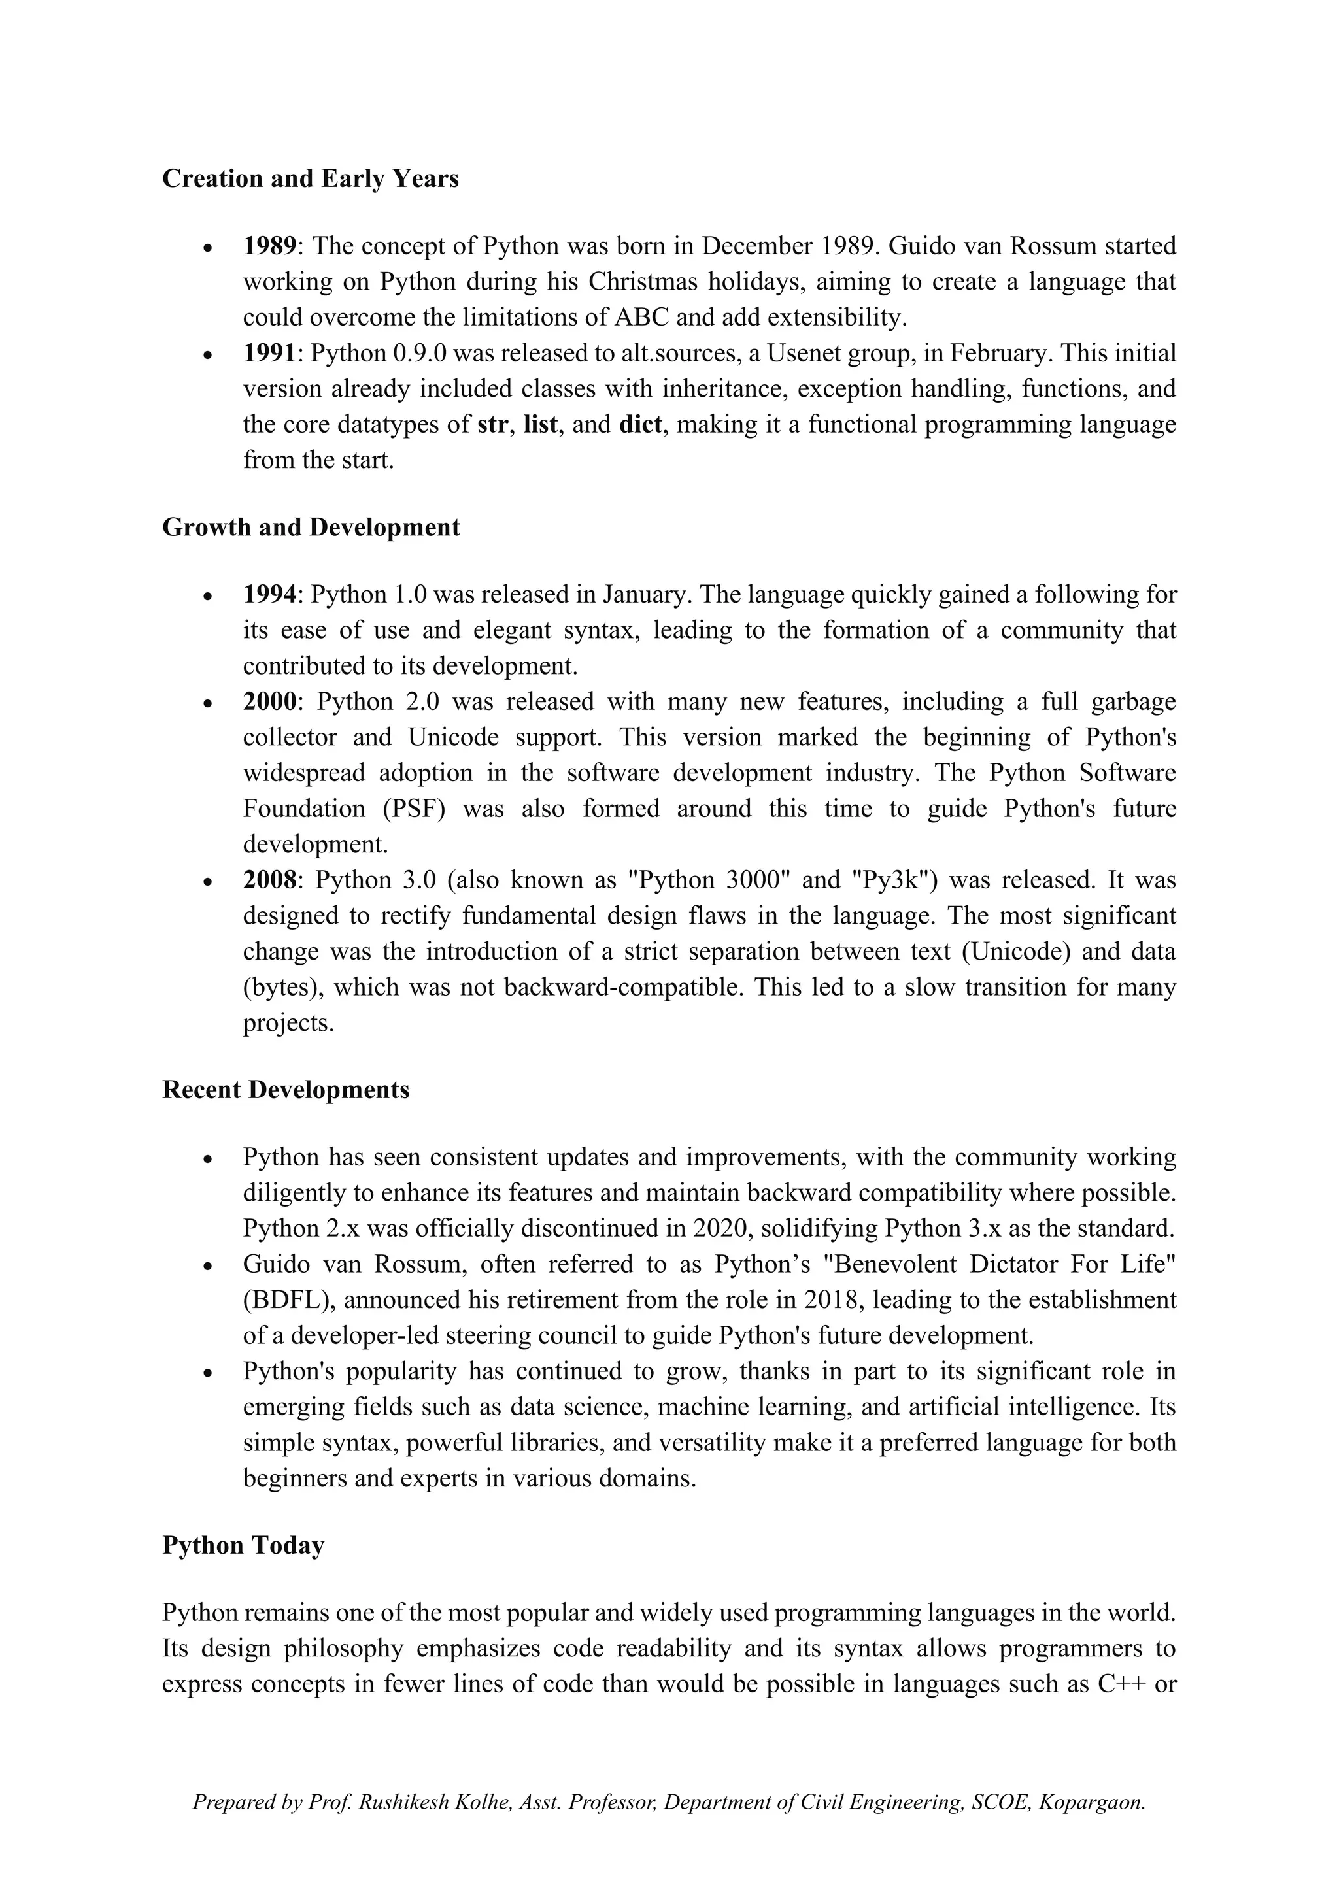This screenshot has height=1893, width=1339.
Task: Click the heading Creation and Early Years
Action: [310, 179]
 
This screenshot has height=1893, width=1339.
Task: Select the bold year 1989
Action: [269, 246]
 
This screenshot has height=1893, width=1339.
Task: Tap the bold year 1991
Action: [269, 353]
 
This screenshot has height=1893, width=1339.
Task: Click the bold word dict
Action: [640, 425]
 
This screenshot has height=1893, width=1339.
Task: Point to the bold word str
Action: [493, 425]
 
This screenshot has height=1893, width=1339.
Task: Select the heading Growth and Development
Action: [311, 528]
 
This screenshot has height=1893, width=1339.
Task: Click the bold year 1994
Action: [269, 594]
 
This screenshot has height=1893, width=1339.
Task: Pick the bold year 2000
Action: [269, 701]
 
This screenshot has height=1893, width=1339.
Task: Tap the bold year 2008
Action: [269, 880]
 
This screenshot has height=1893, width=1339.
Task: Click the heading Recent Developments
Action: [285, 1090]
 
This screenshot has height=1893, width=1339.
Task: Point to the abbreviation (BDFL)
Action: [288, 1300]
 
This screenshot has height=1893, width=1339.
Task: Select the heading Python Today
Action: [243, 1545]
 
